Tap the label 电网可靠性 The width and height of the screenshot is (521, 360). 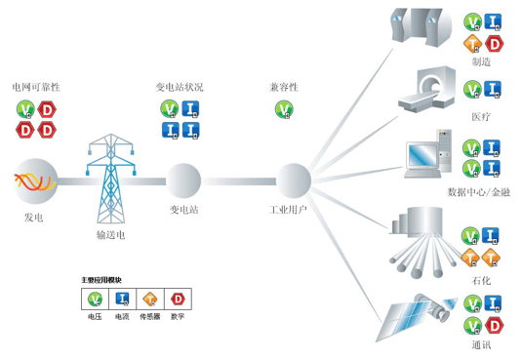(35, 88)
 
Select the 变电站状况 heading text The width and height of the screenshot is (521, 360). (180, 88)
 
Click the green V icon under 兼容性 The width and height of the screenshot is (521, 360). (283, 107)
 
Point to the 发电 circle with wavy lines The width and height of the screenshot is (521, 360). (35, 180)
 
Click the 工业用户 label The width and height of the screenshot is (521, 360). (291, 210)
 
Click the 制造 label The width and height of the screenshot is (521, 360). (481, 61)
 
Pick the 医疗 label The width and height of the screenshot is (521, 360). (481, 116)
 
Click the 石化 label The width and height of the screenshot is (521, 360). (481, 281)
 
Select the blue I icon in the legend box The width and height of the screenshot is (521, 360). (123, 299)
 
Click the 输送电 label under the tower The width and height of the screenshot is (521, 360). (110, 235)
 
